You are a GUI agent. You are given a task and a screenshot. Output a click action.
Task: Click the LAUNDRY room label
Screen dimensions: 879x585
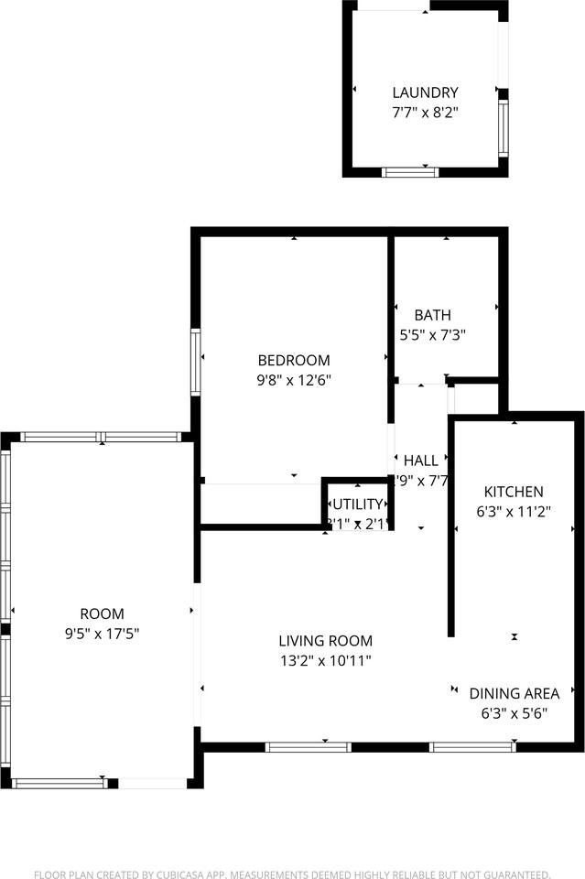pos(425,92)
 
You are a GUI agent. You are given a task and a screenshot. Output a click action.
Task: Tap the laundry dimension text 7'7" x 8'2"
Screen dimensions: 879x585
pos(425,114)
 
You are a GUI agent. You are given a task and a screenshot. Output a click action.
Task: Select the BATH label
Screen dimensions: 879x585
pos(432,315)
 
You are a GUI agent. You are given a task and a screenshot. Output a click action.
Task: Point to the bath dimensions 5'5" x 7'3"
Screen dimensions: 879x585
pos(432,335)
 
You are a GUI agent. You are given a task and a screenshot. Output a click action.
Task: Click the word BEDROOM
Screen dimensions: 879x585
pos(293,361)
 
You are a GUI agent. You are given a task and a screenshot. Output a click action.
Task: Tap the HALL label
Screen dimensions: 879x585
pos(421,461)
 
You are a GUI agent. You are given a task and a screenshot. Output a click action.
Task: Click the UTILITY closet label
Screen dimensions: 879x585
pos(357,504)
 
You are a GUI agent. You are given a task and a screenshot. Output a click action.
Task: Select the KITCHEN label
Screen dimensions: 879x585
pos(514,492)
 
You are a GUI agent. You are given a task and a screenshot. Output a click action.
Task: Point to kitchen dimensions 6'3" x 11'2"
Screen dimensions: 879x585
pos(514,512)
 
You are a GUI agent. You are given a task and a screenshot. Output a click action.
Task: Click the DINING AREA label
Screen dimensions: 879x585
pos(515,693)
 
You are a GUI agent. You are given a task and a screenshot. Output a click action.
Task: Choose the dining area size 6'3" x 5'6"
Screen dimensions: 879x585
pos(515,713)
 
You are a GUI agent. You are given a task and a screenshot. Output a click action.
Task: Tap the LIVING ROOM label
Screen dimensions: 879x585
pos(326,641)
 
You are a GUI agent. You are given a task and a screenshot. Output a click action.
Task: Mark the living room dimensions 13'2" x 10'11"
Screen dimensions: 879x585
pos(326,661)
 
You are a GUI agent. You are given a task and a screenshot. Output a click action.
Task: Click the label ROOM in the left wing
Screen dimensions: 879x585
pos(102,613)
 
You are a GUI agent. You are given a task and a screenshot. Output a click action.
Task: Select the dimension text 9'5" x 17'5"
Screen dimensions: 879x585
pos(102,634)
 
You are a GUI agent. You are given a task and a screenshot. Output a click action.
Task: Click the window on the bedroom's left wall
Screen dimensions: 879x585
pos(195,362)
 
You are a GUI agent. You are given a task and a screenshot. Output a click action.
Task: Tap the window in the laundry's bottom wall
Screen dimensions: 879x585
pos(410,171)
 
